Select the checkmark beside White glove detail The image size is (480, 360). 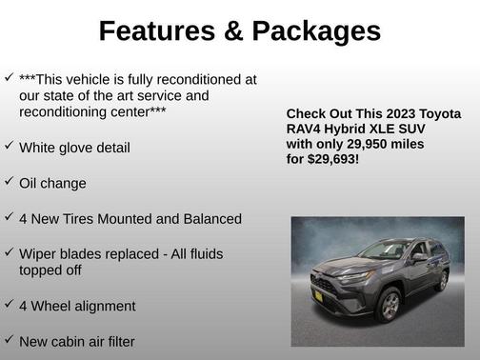(x=9, y=146)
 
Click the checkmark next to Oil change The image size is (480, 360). (x=9, y=181)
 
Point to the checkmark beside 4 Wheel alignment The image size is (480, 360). (x=9, y=304)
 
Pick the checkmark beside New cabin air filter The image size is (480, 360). (x=9, y=338)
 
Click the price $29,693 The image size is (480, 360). (x=331, y=159)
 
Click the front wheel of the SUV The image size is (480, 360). (x=390, y=306)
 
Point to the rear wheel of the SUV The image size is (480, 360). (x=441, y=280)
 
